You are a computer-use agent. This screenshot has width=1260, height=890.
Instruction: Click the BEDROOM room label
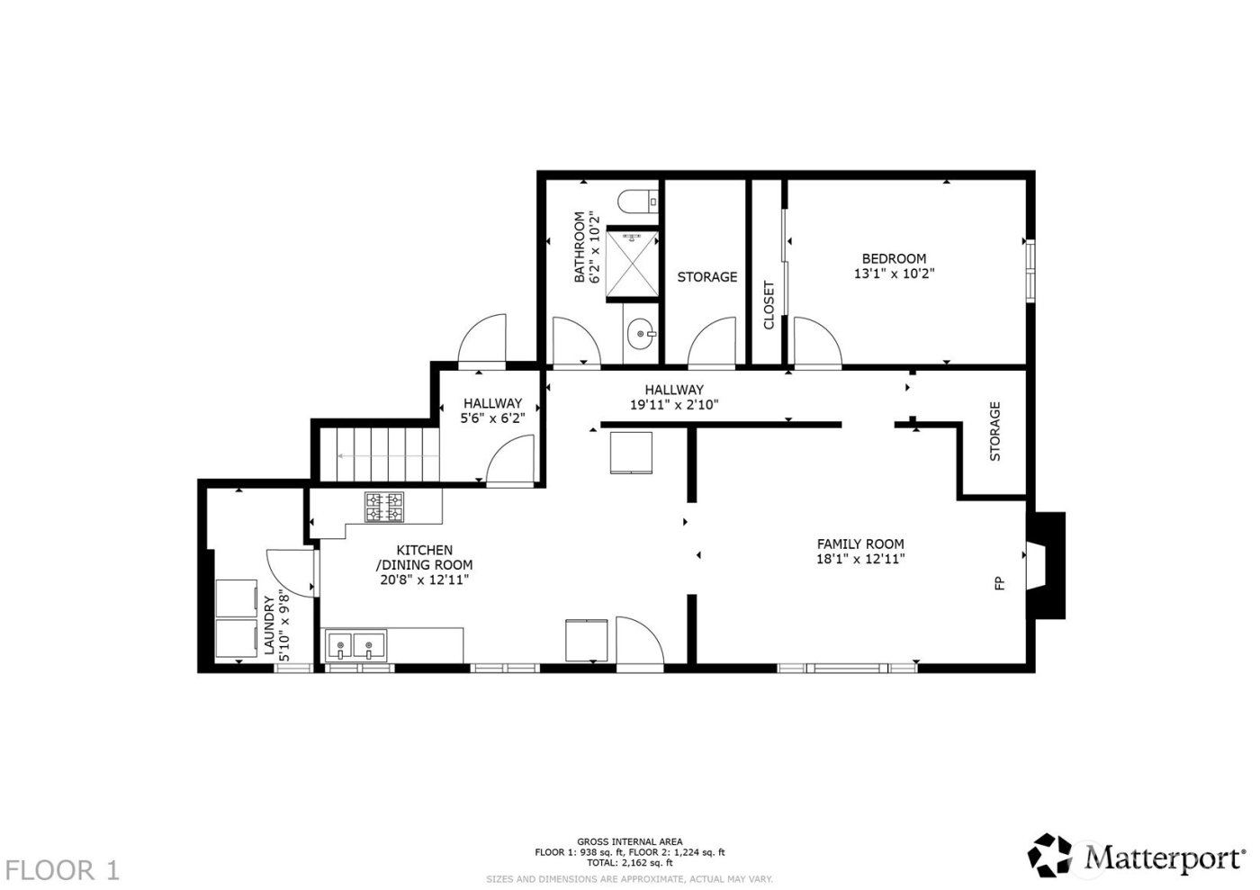point(894,258)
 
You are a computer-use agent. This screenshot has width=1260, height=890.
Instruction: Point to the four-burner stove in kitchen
point(384,507)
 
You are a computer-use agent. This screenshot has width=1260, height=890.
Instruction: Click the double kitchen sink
point(355,644)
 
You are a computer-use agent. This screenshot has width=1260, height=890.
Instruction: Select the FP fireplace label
point(999,584)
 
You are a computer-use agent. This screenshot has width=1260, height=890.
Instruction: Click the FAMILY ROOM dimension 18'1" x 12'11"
point(860,559)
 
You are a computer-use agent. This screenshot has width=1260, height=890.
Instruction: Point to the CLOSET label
point(769,305)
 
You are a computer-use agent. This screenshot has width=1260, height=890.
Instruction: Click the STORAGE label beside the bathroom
point(706,277)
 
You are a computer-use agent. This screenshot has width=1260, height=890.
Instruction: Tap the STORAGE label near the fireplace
point(995,431)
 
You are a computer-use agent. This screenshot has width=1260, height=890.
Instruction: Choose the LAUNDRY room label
point(268,625)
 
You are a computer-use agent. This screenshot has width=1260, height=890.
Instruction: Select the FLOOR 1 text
point(62,870)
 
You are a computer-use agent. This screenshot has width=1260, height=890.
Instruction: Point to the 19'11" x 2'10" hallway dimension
point(673,405)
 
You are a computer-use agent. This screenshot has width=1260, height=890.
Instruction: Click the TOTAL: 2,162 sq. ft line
point(630,862)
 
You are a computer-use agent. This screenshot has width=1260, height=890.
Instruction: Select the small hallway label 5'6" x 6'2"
point(492,418)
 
